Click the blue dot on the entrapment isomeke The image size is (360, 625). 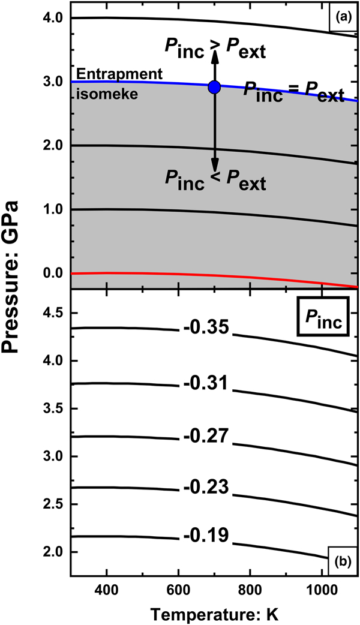click(214, 87)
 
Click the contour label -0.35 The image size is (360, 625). click(205, 329)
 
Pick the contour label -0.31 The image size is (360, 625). click(205, 385)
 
